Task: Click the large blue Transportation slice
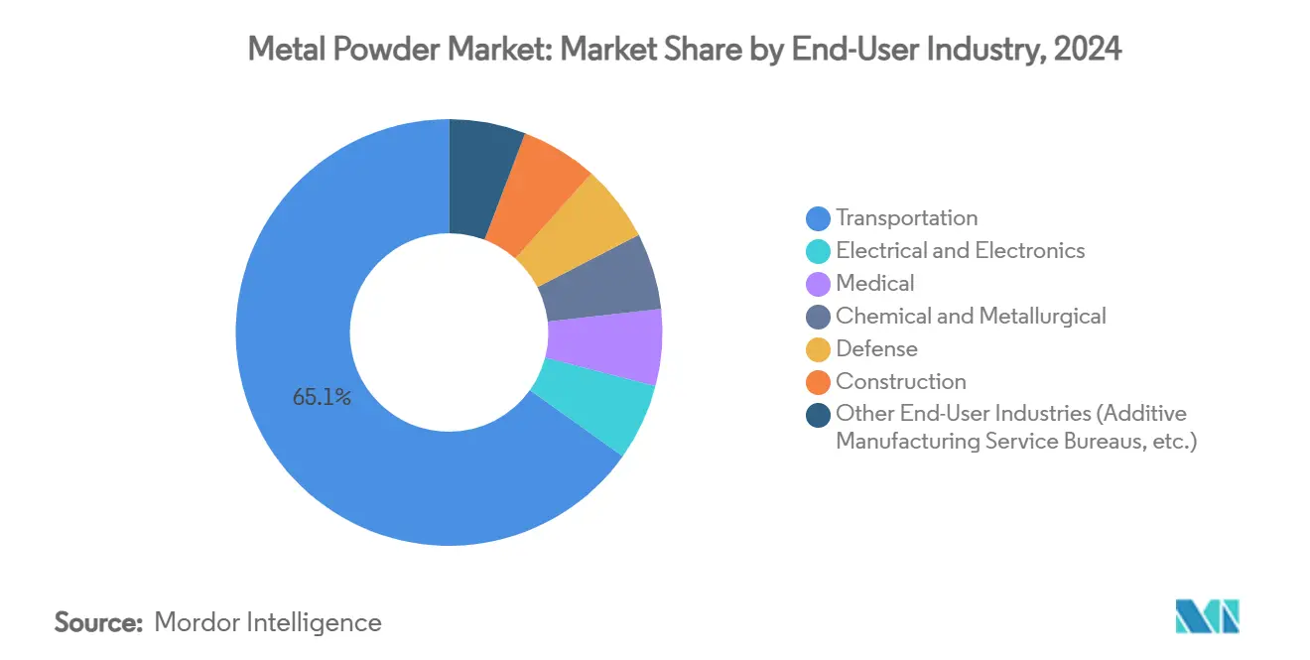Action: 298,417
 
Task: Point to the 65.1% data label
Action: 322,398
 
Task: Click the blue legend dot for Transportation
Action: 819,218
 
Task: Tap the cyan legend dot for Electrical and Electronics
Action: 819,251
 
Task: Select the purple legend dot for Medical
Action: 819,284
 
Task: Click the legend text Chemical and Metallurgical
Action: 971,317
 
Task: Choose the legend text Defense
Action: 876,349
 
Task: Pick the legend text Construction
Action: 900,382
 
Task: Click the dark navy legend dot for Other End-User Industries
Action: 819,415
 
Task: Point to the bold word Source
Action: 99,622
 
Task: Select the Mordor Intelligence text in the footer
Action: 268,622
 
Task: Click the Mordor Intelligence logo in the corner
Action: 1207,616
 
